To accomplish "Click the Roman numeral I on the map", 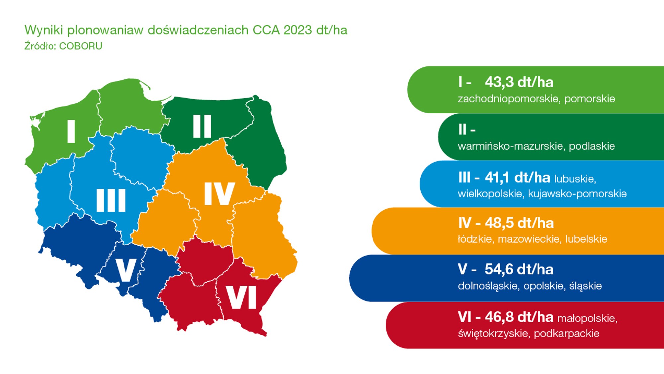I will [71, 131].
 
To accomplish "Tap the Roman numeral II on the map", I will [202, 126].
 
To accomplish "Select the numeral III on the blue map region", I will [111, 200].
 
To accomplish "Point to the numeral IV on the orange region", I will [219, 194].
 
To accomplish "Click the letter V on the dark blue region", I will [125, 270].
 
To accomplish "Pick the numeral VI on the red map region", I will [241, 297].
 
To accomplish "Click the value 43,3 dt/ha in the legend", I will [519, 82].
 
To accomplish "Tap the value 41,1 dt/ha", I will [517, 178].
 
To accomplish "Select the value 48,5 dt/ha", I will [519, 223].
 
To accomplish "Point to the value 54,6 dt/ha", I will [519, 269].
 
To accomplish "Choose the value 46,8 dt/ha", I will [519, 317].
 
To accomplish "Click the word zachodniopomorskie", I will [508, 99].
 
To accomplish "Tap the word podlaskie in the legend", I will [592, 146].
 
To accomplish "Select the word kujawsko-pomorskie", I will [577, 194].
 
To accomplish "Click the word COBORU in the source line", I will [80, 46].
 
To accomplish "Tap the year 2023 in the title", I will [297, 30].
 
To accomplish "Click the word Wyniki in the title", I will [43, 30].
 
